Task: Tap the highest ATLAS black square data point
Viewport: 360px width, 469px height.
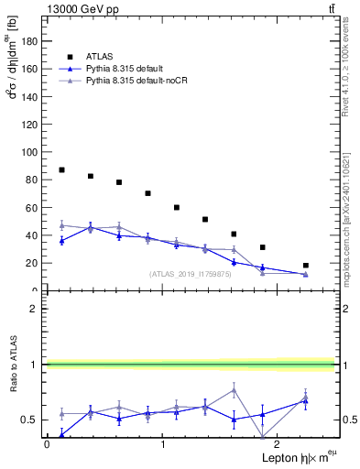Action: tap(61, 170)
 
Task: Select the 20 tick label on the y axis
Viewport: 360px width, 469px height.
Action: tap(32, 263)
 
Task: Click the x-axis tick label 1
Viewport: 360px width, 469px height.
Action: tap(163, 444)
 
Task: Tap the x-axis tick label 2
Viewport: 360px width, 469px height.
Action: tap(279, 444)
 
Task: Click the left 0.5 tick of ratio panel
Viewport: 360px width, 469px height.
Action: tap(30, 420)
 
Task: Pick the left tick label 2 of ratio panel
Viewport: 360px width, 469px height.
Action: tap(35, 309)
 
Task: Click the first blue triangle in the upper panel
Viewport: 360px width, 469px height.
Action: tap(61, 241)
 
